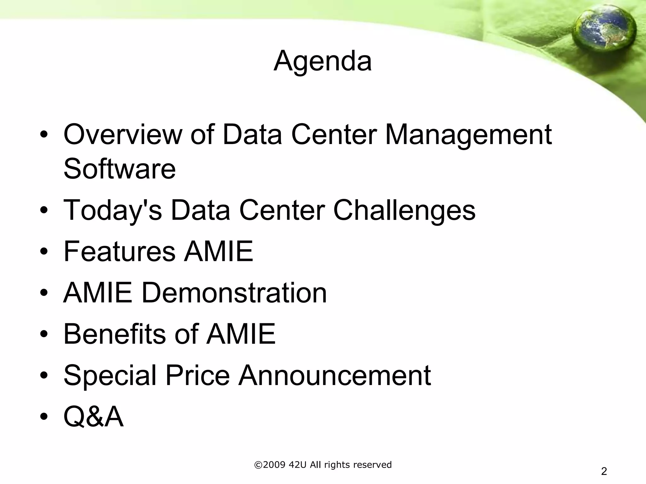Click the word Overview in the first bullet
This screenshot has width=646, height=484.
(x=123, y=135)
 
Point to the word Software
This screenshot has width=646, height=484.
(x=120, y=169)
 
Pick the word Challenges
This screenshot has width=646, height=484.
(x=404, y=210)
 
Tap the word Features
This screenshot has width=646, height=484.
(x=119, y=251)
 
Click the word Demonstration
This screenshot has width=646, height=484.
(x=234, y=293)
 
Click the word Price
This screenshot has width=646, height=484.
(x=197, y=375)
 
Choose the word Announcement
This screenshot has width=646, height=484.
(x=335, y=375)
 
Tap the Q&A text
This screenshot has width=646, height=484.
(x=93, y=417)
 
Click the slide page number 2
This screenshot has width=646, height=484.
(x=604, y=471)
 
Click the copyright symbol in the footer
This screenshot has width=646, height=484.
(x=258, y=465)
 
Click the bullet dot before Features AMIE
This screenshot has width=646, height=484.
(x=44, y=252)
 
